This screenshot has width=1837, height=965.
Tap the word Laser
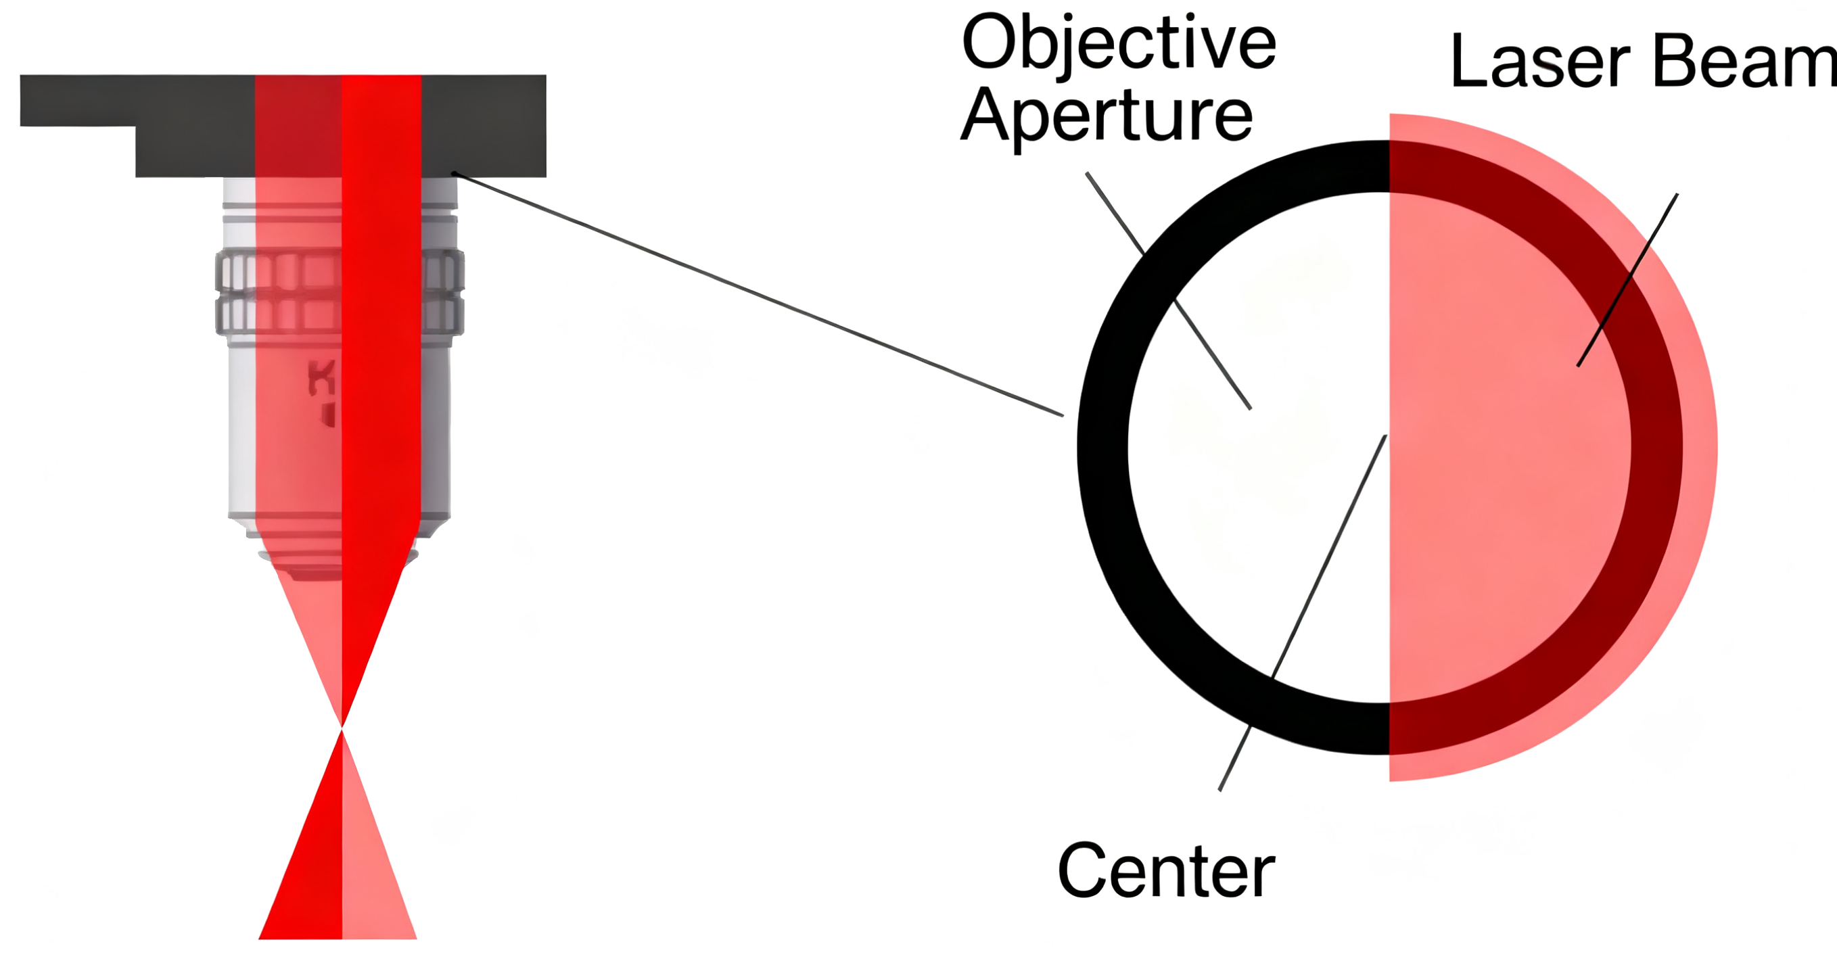point(1539,63)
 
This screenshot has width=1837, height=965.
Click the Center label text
point(1166,871)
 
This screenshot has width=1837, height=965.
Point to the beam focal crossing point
point(342,728)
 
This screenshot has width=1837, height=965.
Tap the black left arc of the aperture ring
point(1102,447)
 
